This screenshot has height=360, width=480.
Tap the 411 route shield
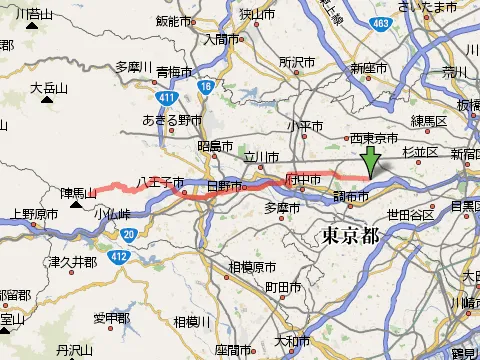[165, 97]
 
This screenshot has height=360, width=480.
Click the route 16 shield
[205, 88]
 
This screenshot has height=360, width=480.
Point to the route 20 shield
[130, 234]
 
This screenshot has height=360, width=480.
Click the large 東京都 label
[351, 236]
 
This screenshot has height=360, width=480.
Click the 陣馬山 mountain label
[77, 191]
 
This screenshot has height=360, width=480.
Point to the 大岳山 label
[48, 88]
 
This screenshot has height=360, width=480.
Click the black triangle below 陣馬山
[77, 206]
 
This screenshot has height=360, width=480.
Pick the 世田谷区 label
[410, 214]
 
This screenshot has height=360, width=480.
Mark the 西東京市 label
[375, 139]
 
